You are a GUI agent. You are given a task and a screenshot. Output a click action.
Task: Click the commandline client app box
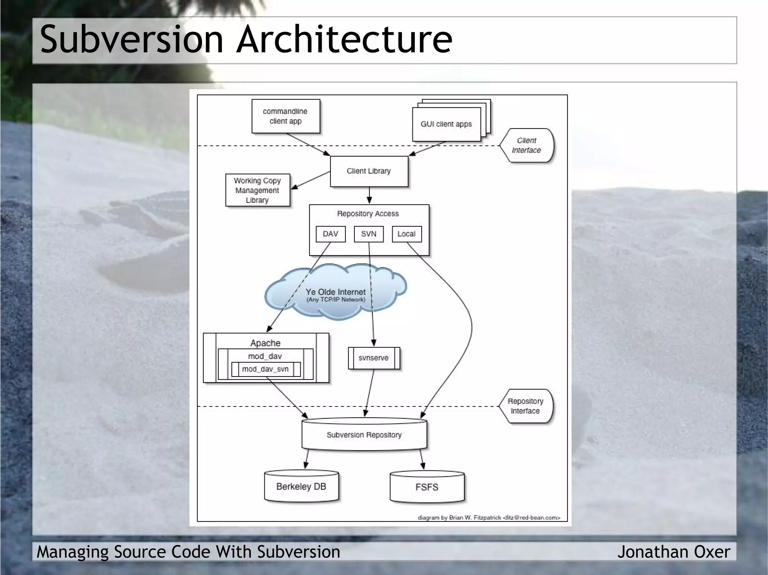(x=285, y=116)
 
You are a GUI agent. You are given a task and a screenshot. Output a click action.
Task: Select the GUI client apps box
(x=446, y=124)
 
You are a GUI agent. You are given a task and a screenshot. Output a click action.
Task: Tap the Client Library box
(x=369, y=171)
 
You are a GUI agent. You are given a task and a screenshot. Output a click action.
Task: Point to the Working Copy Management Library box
(x=257, y=190)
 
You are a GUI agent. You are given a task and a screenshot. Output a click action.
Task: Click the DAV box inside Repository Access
(x=330, y=234)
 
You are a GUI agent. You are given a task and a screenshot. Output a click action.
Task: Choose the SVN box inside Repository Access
(x=369, y=234)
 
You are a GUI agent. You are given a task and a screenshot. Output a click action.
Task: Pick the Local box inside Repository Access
(x=406, y=234)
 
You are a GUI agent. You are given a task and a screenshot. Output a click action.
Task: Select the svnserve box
(x=373, y=358)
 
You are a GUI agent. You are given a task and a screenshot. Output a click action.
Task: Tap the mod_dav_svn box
(x=265, y=369)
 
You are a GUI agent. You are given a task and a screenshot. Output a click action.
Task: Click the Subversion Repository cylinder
(x=364, y=435)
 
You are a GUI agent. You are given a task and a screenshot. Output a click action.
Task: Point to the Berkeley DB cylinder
(x=301, y=487)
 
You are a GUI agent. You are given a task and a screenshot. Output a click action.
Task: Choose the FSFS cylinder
(x=427, y=487)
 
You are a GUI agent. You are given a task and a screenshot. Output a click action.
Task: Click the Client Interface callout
(x=526, y=145)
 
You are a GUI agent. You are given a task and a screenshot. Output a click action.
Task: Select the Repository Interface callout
(x=525, y=406)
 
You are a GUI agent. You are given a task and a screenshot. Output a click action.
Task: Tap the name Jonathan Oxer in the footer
(x=673, y=552)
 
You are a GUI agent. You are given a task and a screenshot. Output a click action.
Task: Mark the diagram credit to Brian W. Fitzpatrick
(x=489, y=518)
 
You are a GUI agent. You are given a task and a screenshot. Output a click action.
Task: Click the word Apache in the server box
(x=265, y=343)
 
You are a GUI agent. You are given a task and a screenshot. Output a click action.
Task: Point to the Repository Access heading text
(x=368, y=214)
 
